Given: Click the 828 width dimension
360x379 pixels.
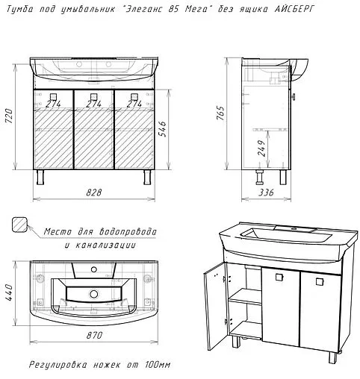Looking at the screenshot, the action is (x=94, y=192).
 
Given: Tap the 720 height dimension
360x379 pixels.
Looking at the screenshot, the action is (x=9, y=116).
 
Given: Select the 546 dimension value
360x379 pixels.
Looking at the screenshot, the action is (x=162, y=129).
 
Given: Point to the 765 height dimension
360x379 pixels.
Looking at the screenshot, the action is (x=220, y=113).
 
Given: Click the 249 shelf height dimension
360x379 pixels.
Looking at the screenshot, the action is (x=261, y=148).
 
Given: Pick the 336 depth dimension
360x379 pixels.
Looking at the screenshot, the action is (x=266, y=192).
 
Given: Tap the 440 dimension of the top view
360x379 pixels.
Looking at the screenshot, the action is (x=9, y=292).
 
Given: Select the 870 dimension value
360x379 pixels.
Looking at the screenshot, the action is (x=94, y=335).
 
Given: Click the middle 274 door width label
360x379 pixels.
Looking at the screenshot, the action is (x=93, y=104).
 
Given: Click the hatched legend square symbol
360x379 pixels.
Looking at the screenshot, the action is (x=19, y=224).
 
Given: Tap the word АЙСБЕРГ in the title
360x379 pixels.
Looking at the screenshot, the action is (x=294, y=9).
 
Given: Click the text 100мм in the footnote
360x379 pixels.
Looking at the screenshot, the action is (x=158, y=365).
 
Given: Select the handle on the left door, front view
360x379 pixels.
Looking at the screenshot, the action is (x=53, y=96).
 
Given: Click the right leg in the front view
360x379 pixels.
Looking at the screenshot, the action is (x=147, y=177).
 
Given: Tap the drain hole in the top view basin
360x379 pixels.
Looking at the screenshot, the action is (x=94, y=294).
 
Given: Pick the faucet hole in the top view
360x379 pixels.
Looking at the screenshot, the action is (x=94, y=269).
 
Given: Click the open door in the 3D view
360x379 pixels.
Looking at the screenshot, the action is (x=215, y=307).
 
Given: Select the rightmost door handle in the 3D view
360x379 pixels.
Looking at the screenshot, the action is (x=320, y=281).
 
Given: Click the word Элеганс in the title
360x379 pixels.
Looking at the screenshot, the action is (x=144, y=9).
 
